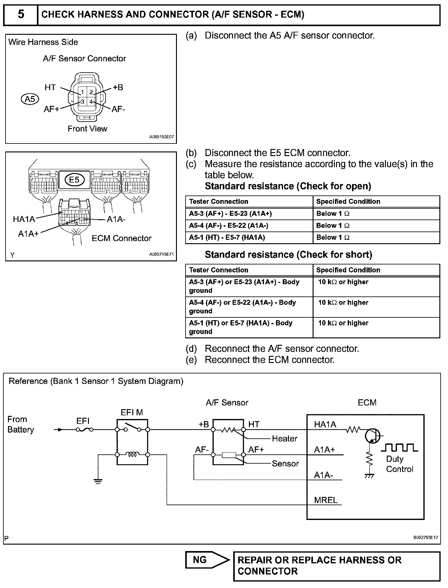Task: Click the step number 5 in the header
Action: coord(21,14)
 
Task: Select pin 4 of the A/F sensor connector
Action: coord(91,101)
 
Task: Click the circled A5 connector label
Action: coord(30,99)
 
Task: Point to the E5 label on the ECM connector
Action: coord(74,179)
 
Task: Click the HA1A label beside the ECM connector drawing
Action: coord(24,219)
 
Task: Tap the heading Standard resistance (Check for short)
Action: coord(288,255)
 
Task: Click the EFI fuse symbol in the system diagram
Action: coord(85,429)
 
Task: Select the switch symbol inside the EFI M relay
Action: coord(132,428)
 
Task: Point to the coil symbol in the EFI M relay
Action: coord(132,454)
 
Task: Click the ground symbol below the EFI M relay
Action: coord(98,481)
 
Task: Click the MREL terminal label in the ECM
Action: coord(326,500)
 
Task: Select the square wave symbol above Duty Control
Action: coord(399,447)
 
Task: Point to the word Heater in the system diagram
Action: coord(285,438)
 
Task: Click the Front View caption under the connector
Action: coord(87,129)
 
